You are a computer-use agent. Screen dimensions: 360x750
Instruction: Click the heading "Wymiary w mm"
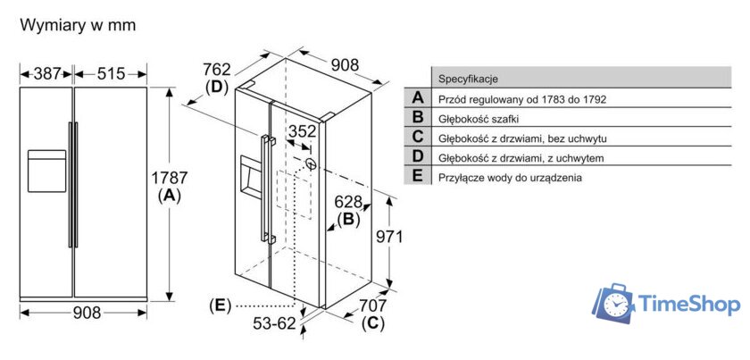tap(78, 25)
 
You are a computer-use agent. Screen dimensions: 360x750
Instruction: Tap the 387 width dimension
tap(46, 73)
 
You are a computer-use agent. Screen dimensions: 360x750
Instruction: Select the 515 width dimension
tap(111, 73)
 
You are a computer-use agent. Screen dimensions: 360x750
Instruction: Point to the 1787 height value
tap(169, 179)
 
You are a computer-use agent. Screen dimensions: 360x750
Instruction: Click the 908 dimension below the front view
tap(87, 313)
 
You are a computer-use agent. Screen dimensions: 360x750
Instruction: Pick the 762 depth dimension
tap(217, 70)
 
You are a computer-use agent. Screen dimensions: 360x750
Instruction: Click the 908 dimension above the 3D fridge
tap(344, 64)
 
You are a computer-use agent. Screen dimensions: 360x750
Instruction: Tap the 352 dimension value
tap(302, 131)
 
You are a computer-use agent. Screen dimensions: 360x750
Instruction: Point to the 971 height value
tap(388, 237)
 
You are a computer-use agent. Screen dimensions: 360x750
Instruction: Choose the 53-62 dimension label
tap(272, 323)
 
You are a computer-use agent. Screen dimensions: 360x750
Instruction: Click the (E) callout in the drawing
tap(219, 306)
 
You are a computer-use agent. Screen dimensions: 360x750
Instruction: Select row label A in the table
tap(417, 98)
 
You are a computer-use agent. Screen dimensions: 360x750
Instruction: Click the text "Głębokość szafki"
tap(479, 118)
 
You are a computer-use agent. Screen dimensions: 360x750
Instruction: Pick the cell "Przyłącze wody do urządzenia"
tap(510, 177)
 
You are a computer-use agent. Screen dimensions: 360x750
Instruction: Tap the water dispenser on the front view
tap(46, 170)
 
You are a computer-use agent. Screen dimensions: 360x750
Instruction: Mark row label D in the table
tap(417, 157)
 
